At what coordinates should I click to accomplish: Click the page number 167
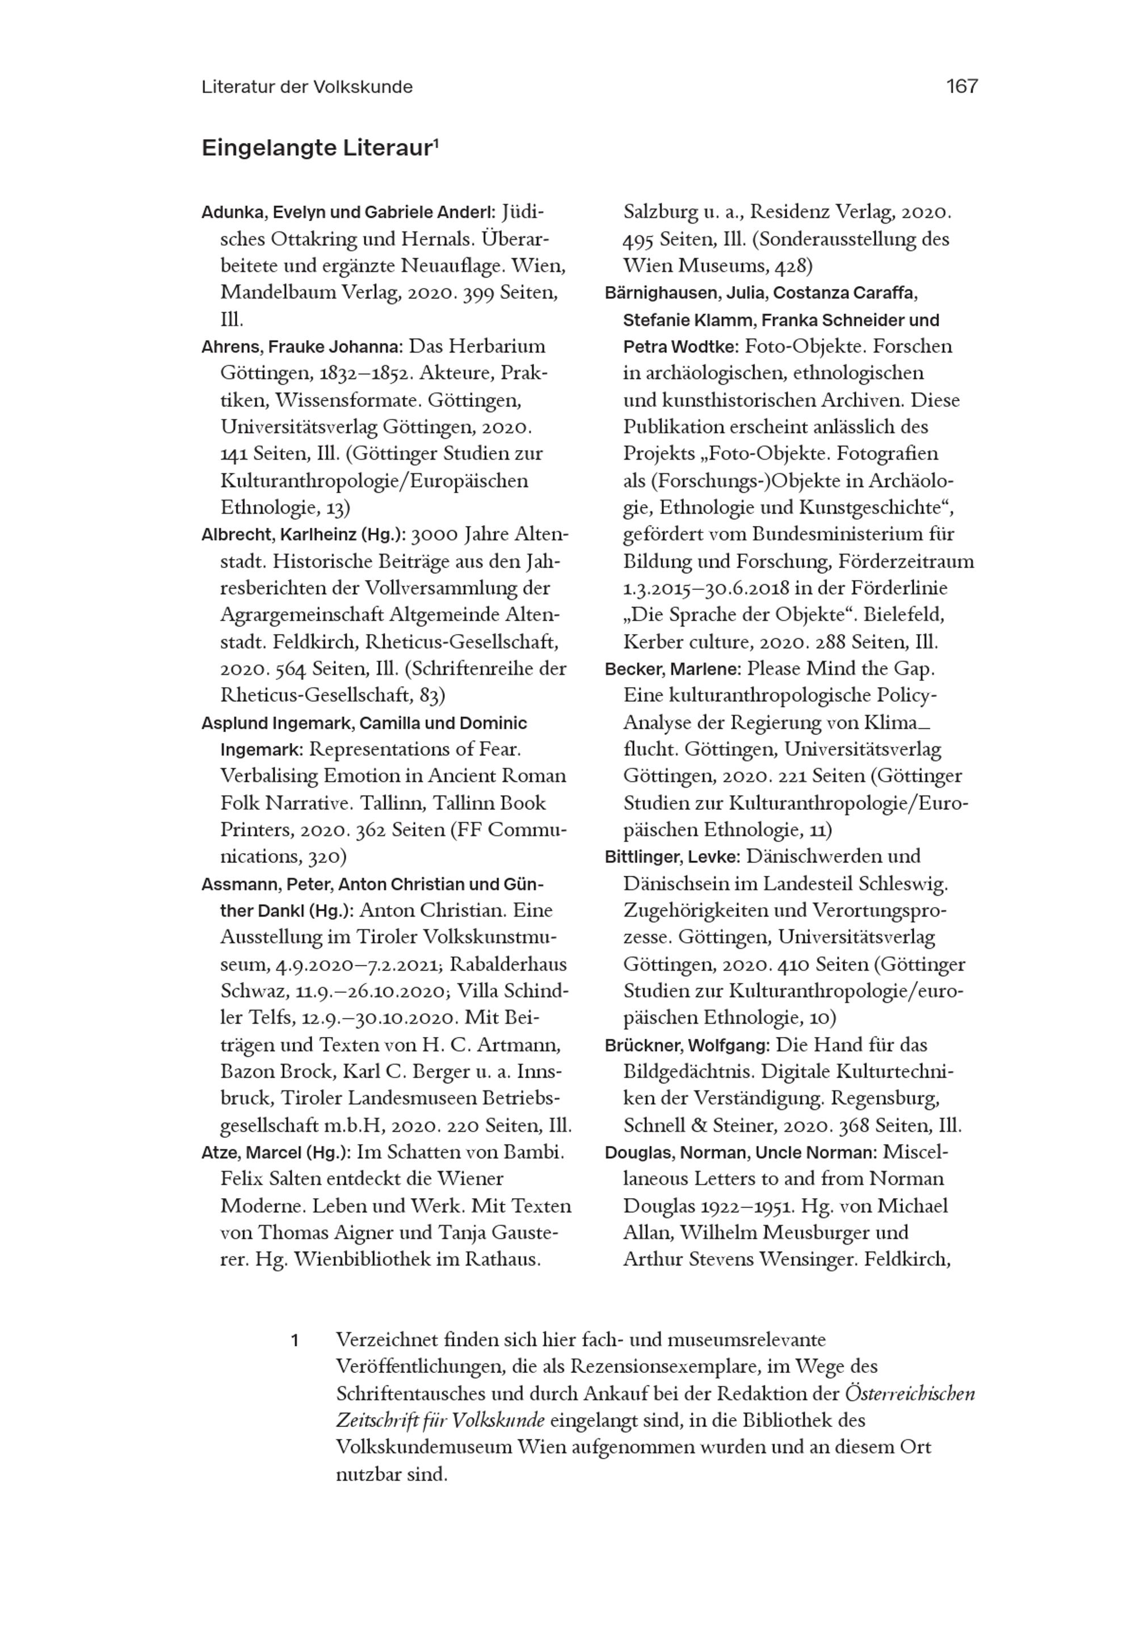pos(961,86)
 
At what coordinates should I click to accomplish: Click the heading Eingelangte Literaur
pos(320,148)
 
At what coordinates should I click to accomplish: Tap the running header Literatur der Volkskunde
pos(306,87)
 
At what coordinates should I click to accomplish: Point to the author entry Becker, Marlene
pos(672,669)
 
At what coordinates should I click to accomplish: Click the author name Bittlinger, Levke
pos(672,857)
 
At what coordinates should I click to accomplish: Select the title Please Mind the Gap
pos(840,669)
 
